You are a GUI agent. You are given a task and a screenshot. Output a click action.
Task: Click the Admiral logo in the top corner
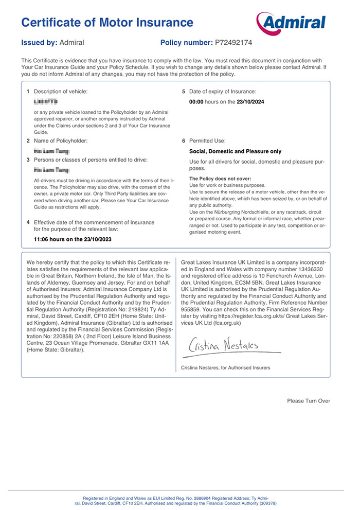click(x=291, y=22)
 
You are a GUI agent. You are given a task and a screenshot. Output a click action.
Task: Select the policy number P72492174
click(x=231, y=42)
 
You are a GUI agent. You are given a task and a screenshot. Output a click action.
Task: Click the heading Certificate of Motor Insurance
click(x=107, y=22)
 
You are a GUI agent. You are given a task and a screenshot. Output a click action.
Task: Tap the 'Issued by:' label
click(x=39, y=42)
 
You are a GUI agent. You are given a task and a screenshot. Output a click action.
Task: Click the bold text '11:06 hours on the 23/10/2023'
click(x=73, y=239)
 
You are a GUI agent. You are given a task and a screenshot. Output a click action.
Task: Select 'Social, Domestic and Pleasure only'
click(x=236, y=152)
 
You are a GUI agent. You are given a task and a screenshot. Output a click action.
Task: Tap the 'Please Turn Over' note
click(x=309, y=401)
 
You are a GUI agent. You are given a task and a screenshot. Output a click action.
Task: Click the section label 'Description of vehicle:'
click(x=61, y=91)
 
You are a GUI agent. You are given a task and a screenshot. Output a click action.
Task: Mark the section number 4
click(x=28, y=222)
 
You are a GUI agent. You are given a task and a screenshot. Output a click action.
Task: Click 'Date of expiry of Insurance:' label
click(x=223, y=91)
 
